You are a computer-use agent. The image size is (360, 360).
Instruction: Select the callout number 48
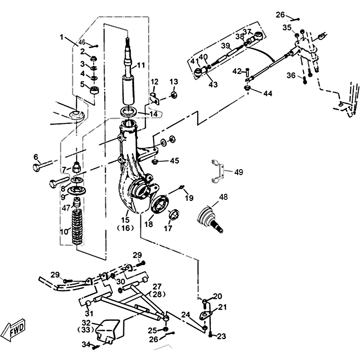(224, 197)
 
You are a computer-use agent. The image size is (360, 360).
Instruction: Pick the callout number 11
(141, 65)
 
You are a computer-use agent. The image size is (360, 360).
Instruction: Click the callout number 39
(225, 46)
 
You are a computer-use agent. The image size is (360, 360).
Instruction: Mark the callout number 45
(174, 160)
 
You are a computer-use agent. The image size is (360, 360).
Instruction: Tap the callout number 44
(268, 94)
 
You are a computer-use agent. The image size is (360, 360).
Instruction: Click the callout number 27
(157, 286)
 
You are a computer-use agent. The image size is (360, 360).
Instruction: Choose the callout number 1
(62, 37)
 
